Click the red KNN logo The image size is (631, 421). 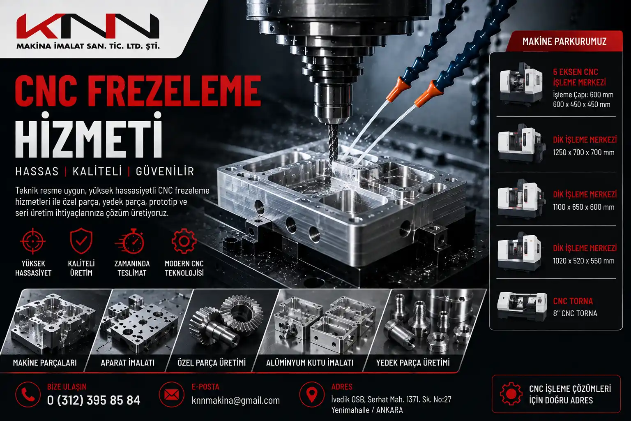(x=88, y=26)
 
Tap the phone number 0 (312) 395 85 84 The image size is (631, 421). (x=94, y=400)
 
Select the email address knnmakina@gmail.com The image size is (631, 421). (x=235, y=400)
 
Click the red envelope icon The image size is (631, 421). (x=172, y=395)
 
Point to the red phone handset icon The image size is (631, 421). (x=28, y=395)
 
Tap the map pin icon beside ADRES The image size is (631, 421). (x=312, y=395)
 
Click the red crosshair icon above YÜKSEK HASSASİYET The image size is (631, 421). (x=33, y=241)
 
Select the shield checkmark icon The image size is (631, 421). (x=81, y=241)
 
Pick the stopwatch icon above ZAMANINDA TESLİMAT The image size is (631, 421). (x=130, y=241)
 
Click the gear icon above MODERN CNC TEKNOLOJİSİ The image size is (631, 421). (x=184, y=241)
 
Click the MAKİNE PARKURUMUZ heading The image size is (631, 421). (x=564, y=42)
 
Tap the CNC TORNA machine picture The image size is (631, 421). (x=522, y=307)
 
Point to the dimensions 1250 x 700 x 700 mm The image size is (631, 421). (x=583, y=153)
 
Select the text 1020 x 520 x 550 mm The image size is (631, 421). (x=583, y=261)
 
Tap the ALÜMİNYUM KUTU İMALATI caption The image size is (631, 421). (x=310, y=363)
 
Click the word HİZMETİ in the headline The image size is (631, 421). (x=89, y=135)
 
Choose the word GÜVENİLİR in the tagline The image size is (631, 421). (x=165, y=171)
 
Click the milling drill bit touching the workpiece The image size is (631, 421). (x=333, y=143)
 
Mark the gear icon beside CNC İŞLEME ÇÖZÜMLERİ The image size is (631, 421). (x=511, y=394)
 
